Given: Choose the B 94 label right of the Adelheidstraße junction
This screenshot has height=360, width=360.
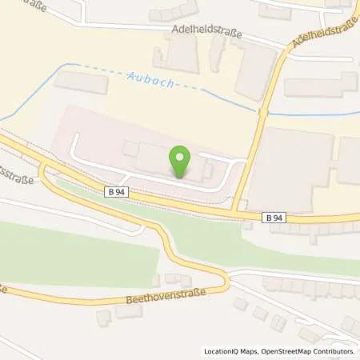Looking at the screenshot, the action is point(274,216).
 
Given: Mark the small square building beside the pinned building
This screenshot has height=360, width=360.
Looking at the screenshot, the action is point(129,148).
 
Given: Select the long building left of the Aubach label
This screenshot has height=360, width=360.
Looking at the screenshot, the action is point(80,82).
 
